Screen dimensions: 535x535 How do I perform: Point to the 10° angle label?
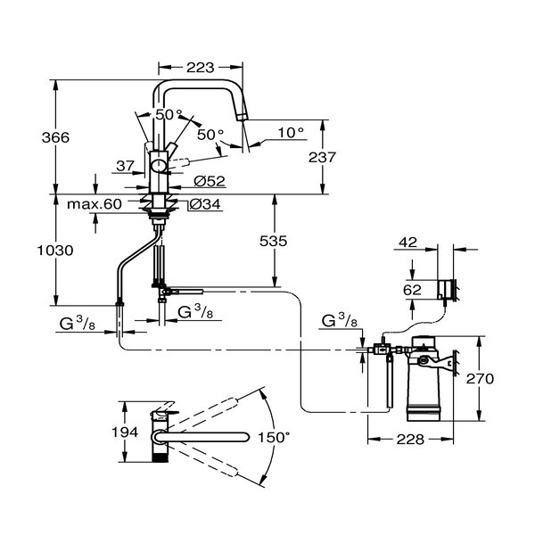pyautogui.click(x=291, y=132)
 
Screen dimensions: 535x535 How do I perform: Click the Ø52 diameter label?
pyautogui.click(x=208, y=182)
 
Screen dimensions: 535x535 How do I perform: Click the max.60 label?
pyautogui.click(x=94, y=204)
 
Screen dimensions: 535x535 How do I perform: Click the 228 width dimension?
pyautogui.click(x=408, y=438)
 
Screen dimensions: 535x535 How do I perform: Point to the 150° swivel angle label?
pyautogui.click(x=275, y=437)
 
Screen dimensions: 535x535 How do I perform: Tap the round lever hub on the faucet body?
pyautogui.click(x=158, y=165)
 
